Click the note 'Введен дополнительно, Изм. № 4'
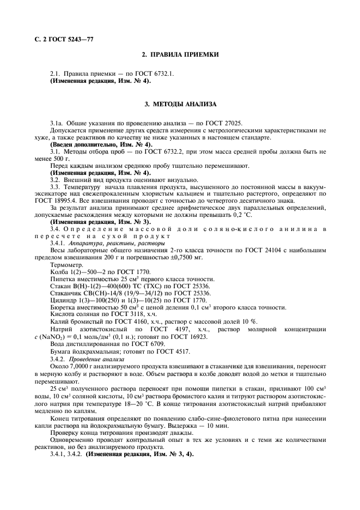(x=101, y=144)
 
